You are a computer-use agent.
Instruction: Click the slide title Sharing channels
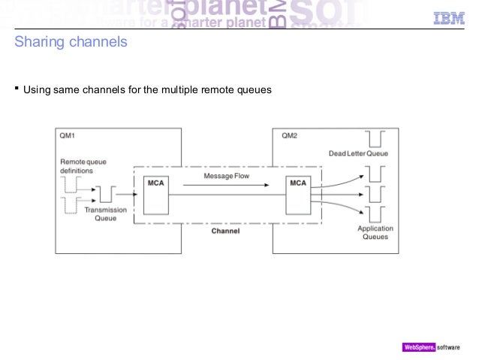[71, 42]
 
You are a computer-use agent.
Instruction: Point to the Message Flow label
[226, 176]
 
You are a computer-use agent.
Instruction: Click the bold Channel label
[225, 231]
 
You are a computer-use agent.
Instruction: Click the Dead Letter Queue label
[358, 154]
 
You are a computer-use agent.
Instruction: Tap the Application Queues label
[375, 232]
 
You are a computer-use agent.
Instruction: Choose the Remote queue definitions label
[82, 166]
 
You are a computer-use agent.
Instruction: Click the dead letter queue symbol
[374, 139]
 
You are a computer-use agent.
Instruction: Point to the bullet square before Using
[17, 90]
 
